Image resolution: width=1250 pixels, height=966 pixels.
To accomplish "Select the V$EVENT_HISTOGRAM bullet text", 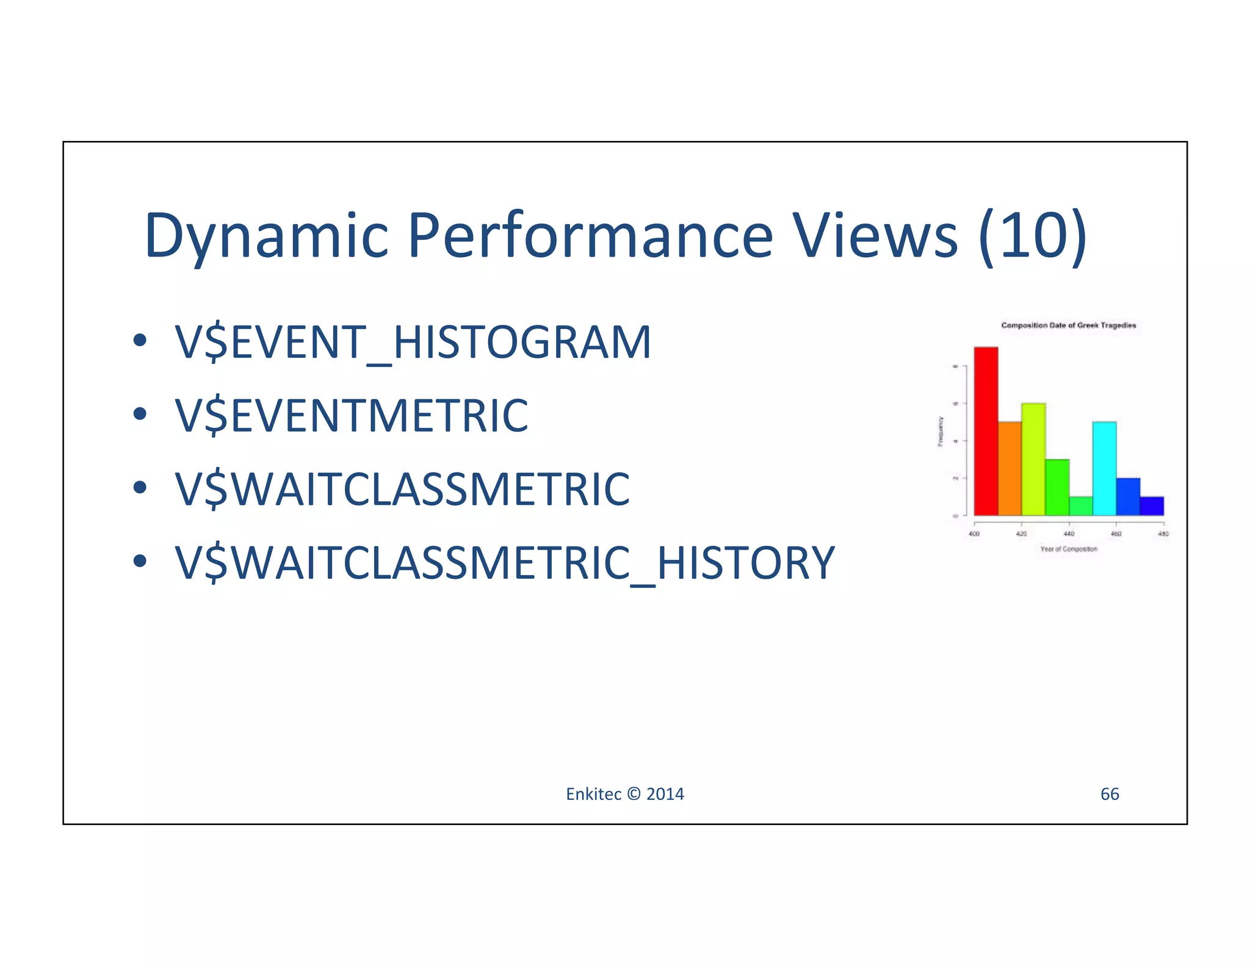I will coord(413,342).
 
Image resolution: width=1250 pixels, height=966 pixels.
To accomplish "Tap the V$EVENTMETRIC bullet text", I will coord(352,416).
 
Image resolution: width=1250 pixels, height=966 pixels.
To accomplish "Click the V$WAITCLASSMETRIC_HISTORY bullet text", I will coord(504,563).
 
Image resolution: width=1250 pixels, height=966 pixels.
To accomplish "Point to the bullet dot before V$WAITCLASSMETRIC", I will coord(140,487).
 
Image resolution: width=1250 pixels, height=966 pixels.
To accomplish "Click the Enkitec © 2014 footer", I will coord(624,794).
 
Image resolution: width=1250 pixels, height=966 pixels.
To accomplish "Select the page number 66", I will coord(1109,794).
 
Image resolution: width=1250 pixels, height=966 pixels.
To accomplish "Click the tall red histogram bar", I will coord(985,431).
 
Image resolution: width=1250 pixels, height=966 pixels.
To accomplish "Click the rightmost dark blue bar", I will coord(1152,506).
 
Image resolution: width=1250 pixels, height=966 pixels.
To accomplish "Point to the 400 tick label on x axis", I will coord(974,534).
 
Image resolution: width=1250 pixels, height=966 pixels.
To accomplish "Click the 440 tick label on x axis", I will coord(1069,534).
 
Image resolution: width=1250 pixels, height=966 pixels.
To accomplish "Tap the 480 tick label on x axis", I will coord(1163,534).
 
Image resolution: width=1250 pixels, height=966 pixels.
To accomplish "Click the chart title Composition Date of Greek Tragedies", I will coord(1068,325).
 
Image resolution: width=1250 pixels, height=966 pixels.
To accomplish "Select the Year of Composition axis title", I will coord(1068,549).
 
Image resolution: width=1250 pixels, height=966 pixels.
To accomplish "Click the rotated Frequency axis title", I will coord(941,431).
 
